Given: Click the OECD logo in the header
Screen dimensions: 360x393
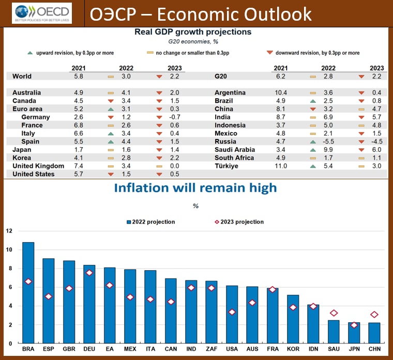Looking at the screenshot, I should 42,12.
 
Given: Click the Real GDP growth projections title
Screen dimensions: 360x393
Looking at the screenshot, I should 193,32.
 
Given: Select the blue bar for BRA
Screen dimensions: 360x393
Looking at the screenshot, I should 28,292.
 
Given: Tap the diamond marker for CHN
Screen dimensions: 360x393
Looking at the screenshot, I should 373,315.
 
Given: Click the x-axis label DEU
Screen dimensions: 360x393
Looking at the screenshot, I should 89,350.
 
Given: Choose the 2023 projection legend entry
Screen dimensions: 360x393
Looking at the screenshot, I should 239,222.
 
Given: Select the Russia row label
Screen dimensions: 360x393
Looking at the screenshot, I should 225,142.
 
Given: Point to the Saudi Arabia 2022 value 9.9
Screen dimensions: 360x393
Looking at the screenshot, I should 329,150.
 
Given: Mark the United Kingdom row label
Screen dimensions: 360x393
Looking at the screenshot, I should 38,166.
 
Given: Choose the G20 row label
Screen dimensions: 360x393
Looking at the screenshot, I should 221,76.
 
